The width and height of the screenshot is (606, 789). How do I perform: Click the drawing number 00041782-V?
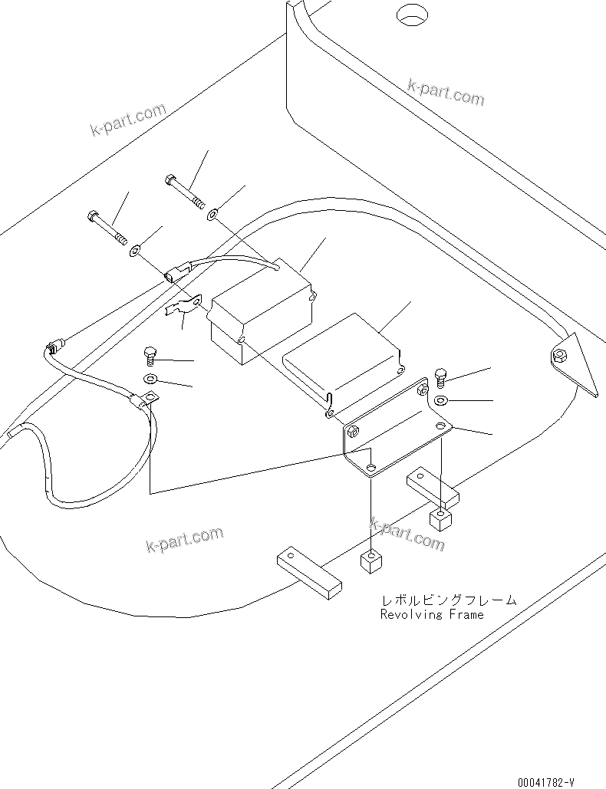(545, 782)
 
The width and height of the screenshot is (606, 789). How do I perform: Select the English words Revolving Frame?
(432, 614)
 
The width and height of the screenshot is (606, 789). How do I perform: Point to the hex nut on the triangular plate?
(560, 354)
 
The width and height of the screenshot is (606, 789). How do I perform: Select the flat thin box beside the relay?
(342, 360)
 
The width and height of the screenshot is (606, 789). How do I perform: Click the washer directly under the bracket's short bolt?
(441, 401)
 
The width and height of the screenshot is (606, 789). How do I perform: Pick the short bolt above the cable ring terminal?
(150, 355)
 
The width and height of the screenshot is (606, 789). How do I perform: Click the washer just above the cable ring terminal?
(151, 378)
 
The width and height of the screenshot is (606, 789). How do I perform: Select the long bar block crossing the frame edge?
(305, 570)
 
